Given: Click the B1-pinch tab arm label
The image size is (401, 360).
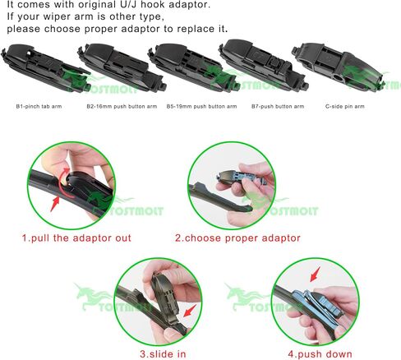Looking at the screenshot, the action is pyautogui.click(x=39, y=106).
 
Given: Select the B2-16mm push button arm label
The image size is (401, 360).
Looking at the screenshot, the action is pyautogui.click(x=122, y=106).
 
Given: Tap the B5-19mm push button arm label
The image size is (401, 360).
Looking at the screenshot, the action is pyautogui.click(x=201, y=106).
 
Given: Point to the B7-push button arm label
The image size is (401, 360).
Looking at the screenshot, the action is pyautogui.click(x=278, y=106).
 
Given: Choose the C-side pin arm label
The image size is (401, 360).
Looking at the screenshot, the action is pyautogui.click(x=345, y=106).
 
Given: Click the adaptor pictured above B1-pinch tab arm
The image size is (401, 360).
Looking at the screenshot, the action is pyautogui.click(x=45, y=68).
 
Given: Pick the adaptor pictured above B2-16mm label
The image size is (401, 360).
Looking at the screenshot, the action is pyautogui.click(x=122, y=68).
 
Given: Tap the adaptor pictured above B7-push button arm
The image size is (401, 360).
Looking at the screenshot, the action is pyautogui.click(x=263, y=66).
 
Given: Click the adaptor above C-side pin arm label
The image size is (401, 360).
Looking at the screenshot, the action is pyautogui.click(x=339, y=67).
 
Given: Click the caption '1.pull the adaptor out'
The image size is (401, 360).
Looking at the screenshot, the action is pyautogui.click(x=76, y=238).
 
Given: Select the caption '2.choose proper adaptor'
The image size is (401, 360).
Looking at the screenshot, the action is pyautogui.click(x=237, y=238).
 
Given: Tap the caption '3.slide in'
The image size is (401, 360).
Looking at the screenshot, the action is pyautogui.click(x=163, y=353).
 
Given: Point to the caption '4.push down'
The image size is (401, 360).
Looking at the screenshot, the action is pyautogui.click(x=320, y=353).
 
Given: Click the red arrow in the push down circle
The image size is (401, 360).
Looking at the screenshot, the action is pyautogui.click(x=315, y=275).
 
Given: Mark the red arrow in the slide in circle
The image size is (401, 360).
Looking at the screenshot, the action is pyautogui.click(x=190, y=311).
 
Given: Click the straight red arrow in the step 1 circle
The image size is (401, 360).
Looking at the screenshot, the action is pyautogui.click(x=55, y=204).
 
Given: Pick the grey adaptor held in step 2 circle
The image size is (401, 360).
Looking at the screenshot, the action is pyautogui.click(x=240, y=177).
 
